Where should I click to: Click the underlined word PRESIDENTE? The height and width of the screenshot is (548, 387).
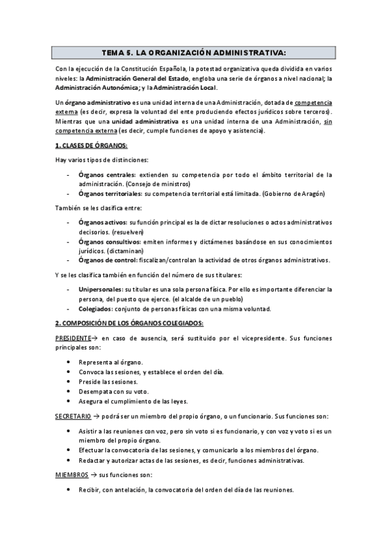[72, 337]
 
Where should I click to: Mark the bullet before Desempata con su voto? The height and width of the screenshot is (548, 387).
[68, 392]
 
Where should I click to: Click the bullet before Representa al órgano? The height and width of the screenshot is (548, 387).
[68, 362]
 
